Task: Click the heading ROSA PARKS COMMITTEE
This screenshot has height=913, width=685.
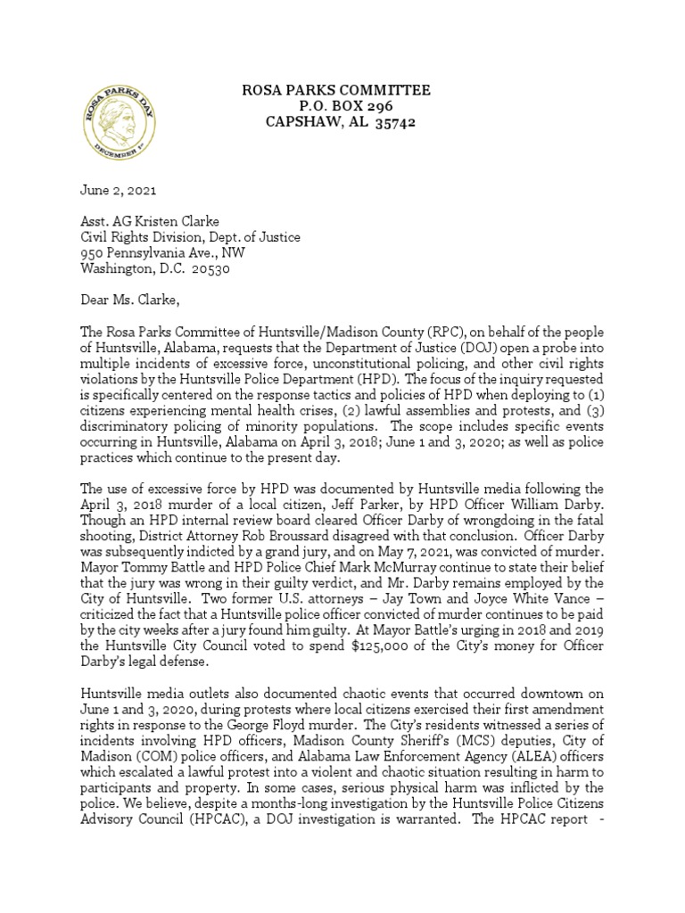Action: click(337, 90)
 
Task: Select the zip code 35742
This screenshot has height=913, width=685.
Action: click(392, 122)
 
